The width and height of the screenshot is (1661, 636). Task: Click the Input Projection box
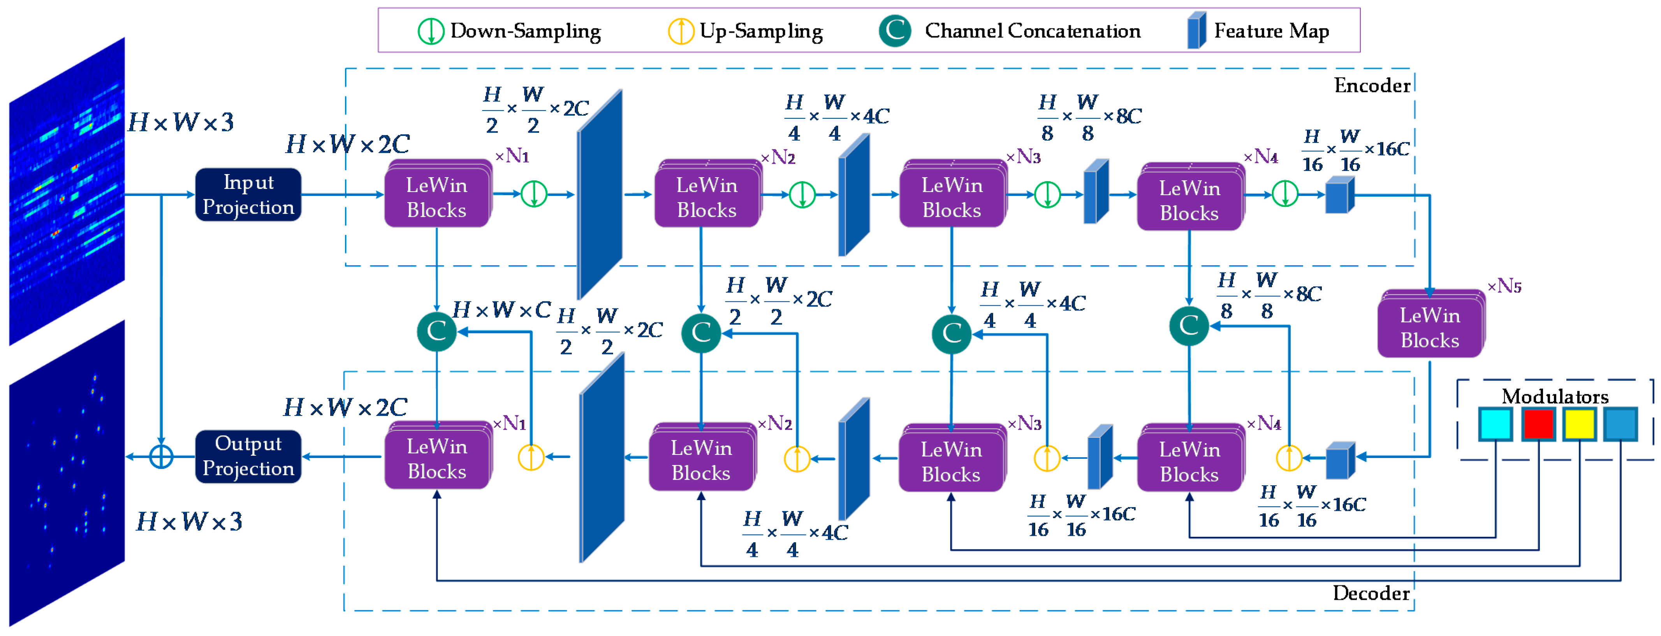[248, 195]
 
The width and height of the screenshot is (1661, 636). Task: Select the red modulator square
[1538, 424]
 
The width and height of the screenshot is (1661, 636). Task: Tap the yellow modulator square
[1580, 424]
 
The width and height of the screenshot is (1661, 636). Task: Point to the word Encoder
[1372, 86]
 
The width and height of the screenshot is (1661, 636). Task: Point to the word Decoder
[1371, 593]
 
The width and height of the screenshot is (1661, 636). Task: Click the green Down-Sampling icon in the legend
[431, 31]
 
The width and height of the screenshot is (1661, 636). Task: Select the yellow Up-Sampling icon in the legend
[681, 31]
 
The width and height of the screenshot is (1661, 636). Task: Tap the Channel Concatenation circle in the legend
[895, 30]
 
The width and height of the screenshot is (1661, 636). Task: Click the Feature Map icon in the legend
[1197, 30]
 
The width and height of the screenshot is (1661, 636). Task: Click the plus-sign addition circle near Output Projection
[161, 457]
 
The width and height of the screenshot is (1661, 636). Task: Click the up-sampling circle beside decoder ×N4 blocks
[1289, 458]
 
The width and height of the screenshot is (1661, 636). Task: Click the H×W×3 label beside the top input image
[181, 122]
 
